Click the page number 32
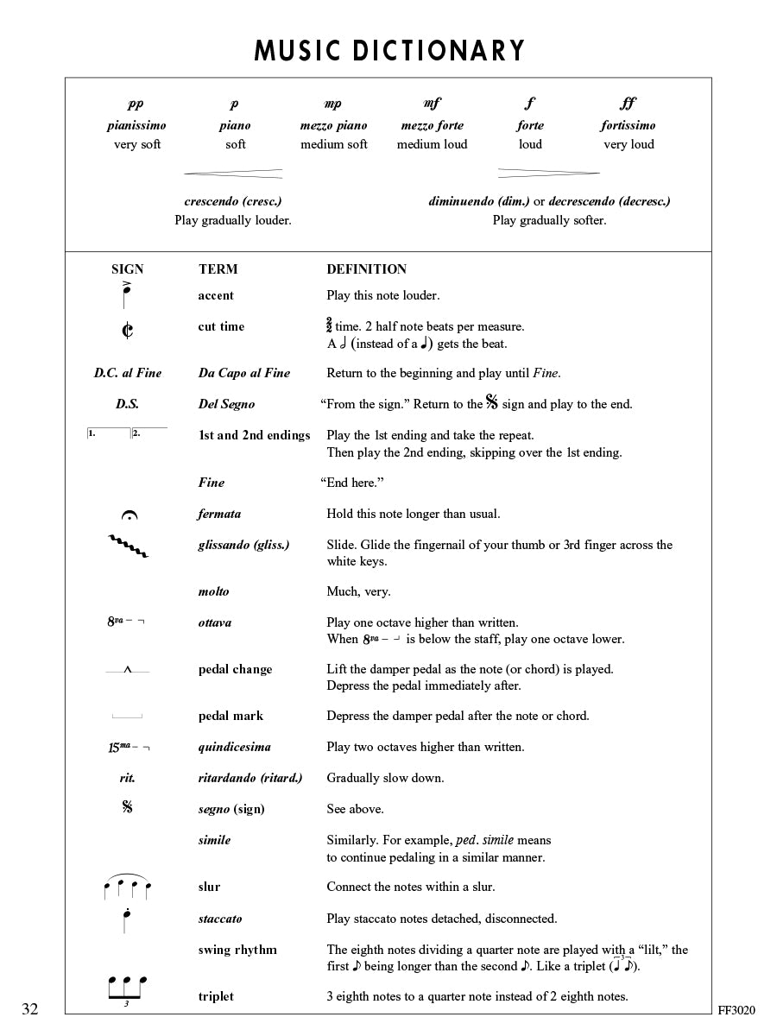click(x=30, y=1009)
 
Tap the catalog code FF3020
click(x=736, y=1010)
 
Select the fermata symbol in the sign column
click(x=129, y=516)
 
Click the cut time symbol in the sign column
click(x=128, y=331)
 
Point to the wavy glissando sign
click(x=128, y=546)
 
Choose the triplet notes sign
click(x=127, y=988)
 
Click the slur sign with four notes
click(x=127, y=887)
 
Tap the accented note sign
click(x=127, y=295)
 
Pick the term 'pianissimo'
click(x=136, y=125)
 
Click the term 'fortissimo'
click(x=628, y=125)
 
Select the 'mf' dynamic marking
click(x=432, y=104)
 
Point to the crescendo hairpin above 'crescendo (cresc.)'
click(x=233, y=174)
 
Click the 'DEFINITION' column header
click(x=366, y=269)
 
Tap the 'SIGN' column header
click(x=128, y=269)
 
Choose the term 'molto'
click(x=214, y=591)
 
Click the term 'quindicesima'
click(x=234, y=747)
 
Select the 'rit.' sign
click(x=128, y=778)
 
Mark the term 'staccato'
click(x=220, y=919)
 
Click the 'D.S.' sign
click(x=127, y=404)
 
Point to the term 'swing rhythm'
click(x=237, y=950)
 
